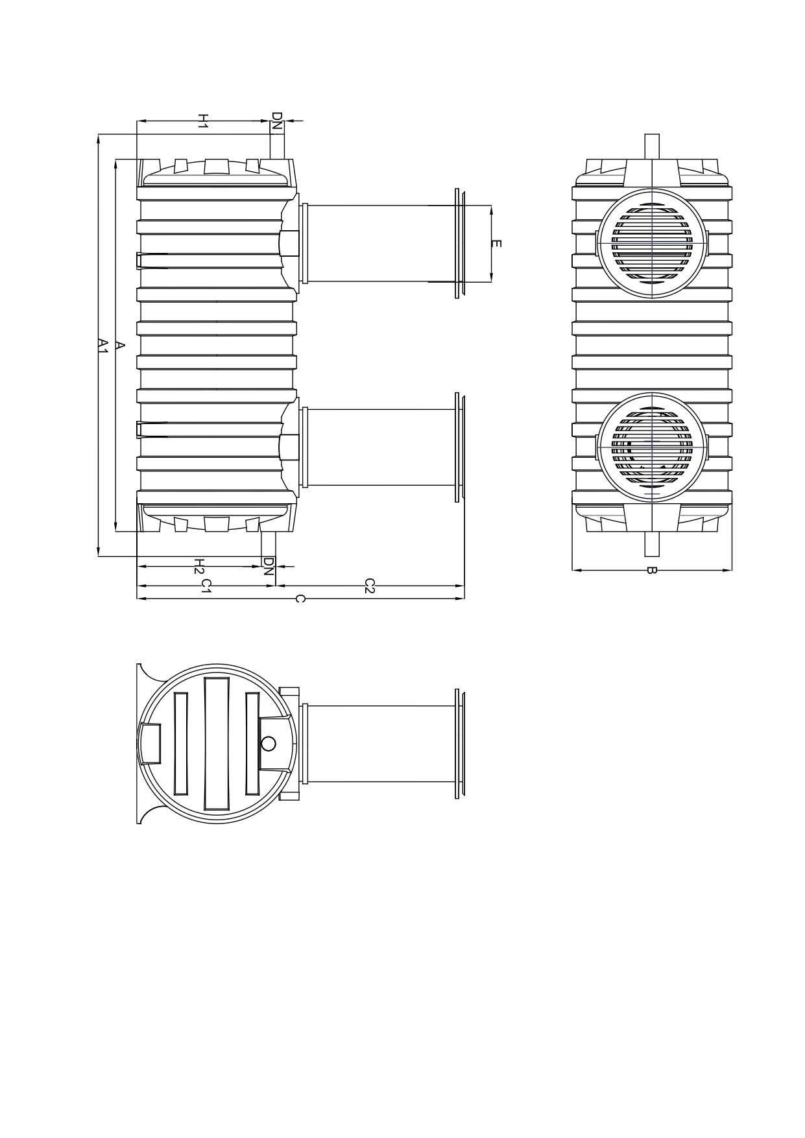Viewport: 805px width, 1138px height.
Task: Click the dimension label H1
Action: click(x=202, y=120)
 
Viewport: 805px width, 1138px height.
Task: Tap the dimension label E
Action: click(x=496, y=244)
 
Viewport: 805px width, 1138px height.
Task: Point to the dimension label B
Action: click(x=652, y=571)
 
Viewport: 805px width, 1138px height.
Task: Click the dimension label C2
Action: click(x=369, y=586)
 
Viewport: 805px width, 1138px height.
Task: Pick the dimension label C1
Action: click(x=205, y=586)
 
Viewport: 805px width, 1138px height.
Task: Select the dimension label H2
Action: click(x=199, y=566)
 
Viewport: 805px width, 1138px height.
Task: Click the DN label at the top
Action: click(x=277, y=121)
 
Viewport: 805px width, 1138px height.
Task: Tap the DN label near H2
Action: click(x=268, y=566)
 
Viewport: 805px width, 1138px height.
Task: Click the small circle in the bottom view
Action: click(x=268, y=743)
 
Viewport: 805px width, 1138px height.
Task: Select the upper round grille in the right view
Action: click(x=651, y=243)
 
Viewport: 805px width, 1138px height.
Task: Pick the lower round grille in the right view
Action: click(x=651, y=447)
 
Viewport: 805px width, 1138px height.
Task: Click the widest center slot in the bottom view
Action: click(x=217, y=744)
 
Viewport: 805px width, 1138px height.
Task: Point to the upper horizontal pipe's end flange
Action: click(x=459, y=243)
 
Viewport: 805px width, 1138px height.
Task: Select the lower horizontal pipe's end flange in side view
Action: click(x=459, y=447)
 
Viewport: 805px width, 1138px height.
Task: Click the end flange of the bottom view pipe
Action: click(x=459, y=744)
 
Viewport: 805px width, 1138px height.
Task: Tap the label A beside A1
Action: click(x=119, y=345)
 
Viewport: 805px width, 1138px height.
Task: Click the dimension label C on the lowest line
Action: click(x=299, y=599)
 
